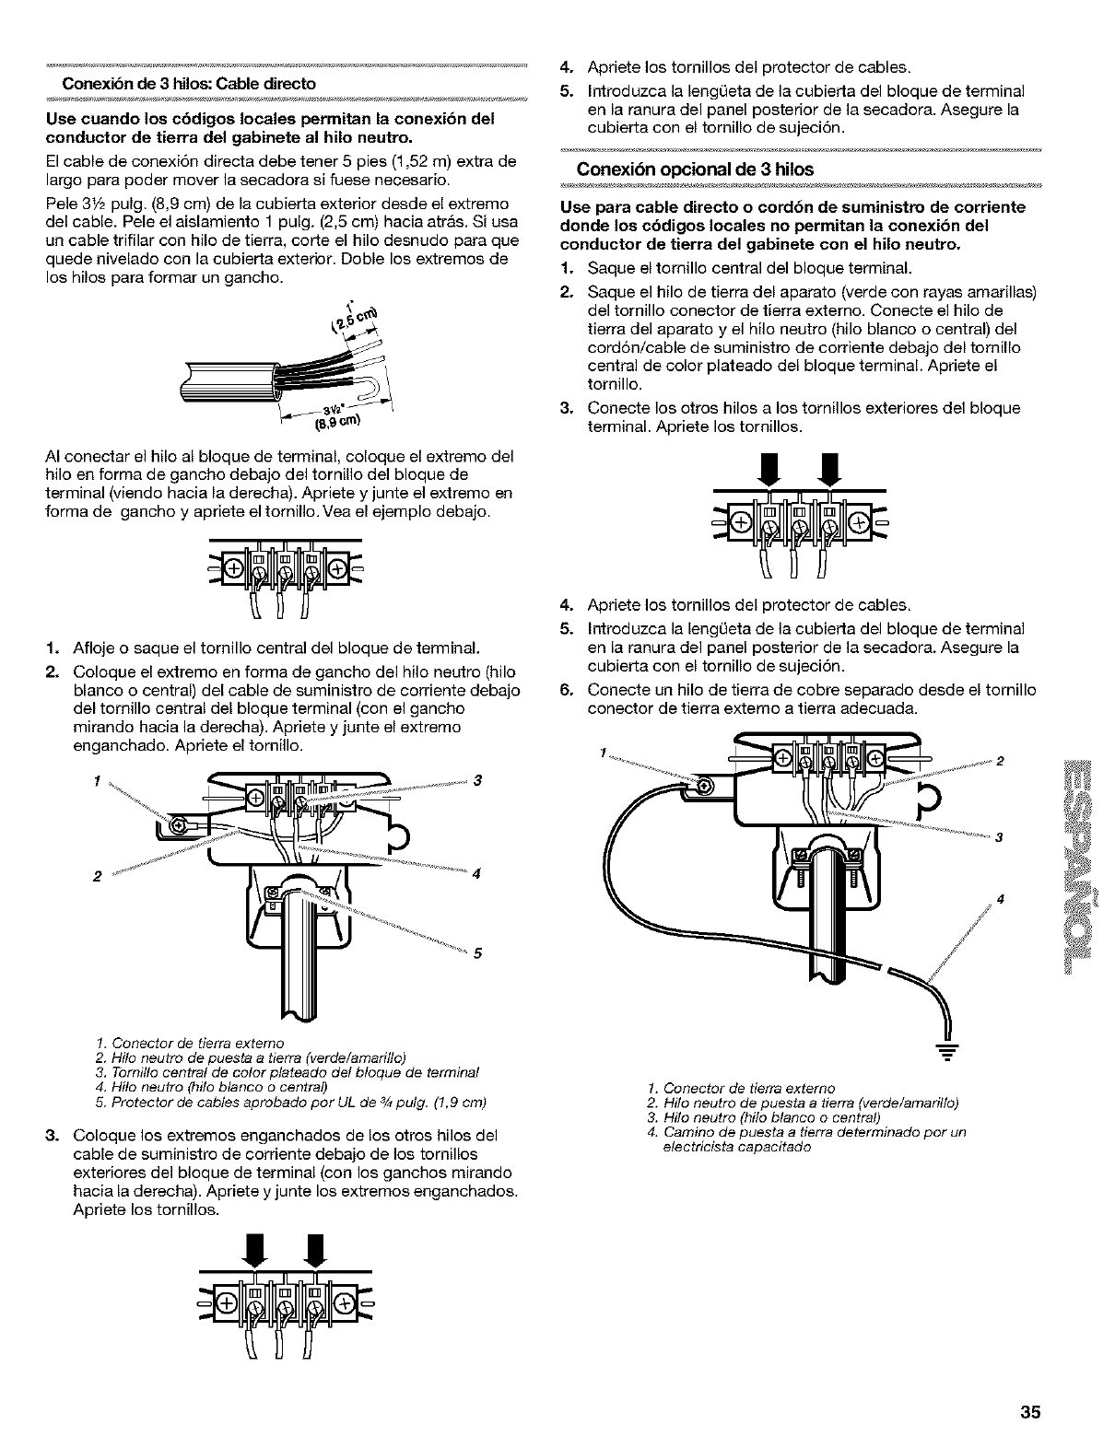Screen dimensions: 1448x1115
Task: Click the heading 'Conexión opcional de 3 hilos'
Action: tap(695, 169)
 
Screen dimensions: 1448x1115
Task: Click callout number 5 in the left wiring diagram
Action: tap(477, 953)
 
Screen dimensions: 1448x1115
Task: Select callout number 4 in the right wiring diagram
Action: tap(999, 898)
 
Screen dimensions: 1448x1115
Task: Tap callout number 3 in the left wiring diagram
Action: tap(477, 782)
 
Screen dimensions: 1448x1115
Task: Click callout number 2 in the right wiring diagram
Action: tap(1000, 761)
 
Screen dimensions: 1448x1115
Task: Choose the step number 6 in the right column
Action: tap(567, 690)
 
